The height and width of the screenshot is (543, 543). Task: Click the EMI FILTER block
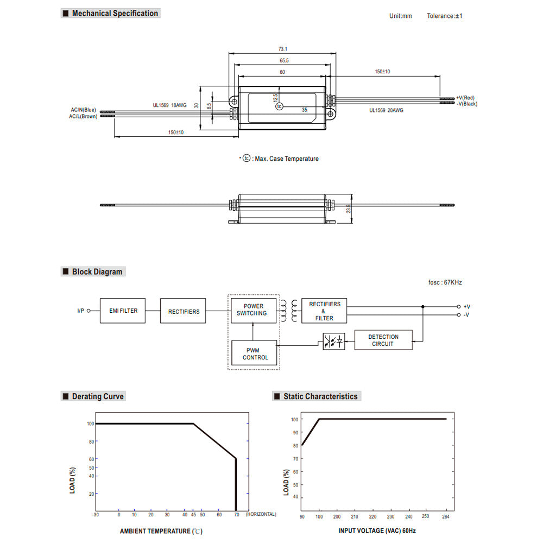tap(123, 311)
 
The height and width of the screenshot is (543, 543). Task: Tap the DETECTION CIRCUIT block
tap(383, 340)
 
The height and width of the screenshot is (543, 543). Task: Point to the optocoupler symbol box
tap(333, 342)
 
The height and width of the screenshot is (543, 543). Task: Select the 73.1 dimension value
tap(282, 49)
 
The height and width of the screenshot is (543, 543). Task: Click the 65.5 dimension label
tap(284, 61)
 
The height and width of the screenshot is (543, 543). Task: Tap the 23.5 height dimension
tap(349, 209)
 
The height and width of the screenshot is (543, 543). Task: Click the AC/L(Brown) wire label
tap(83, 116)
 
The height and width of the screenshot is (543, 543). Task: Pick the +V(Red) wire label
tap(465, 98)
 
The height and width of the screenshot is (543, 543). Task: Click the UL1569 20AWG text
tap(386, 110)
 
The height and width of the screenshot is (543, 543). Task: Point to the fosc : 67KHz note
tap(445, 282)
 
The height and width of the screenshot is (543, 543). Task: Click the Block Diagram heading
tap(97, 271)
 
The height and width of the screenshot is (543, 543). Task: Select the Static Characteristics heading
tap(320, 396)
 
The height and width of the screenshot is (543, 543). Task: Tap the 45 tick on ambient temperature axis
tap(193, 514)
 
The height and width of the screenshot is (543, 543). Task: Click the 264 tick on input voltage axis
tap(446, 516)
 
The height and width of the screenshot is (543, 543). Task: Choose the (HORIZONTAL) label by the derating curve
tap(261, 514)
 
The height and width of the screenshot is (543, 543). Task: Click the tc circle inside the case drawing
tap(279, 106)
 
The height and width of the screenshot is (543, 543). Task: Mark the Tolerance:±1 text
tap(444, 16)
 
